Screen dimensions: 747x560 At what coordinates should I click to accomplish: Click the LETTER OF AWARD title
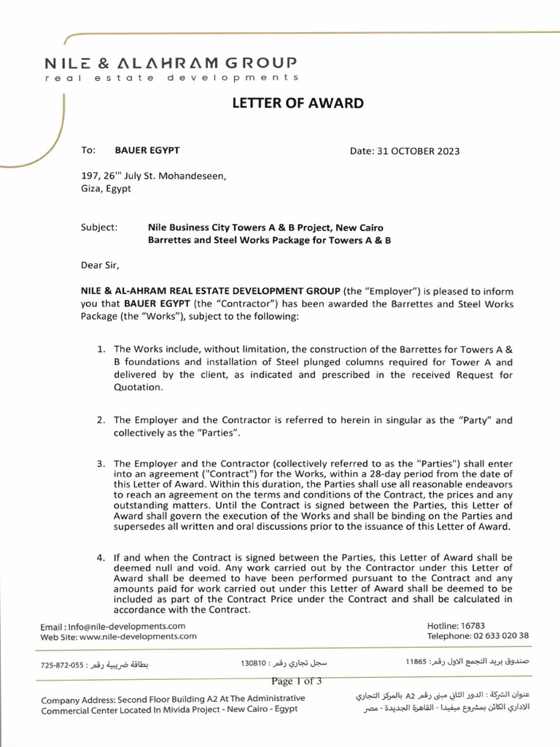pos(297,104)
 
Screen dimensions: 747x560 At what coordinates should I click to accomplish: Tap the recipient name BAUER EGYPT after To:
pos(147,150)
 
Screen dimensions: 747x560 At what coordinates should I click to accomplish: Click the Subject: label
pos(98,227)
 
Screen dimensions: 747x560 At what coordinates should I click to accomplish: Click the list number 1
pos(101,349)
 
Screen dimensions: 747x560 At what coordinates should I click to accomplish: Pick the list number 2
pos(101,420)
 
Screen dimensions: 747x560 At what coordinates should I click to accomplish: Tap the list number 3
pos(101,463)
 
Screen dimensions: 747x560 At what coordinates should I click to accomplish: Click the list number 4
pos(101,558)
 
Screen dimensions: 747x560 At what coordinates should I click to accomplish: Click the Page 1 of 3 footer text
pos(296,681)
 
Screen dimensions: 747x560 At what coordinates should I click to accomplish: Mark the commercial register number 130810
pos(253,664)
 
